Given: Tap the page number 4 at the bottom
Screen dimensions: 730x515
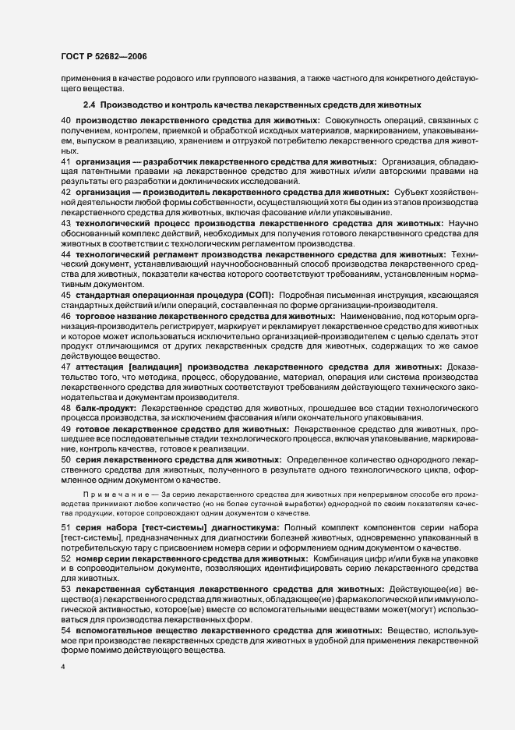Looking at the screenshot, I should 63,669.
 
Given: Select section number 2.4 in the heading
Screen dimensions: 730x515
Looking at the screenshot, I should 89,104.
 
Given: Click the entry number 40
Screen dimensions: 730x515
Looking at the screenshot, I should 66,121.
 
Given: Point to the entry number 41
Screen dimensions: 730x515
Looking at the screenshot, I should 66,161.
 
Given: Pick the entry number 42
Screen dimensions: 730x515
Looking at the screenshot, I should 66,191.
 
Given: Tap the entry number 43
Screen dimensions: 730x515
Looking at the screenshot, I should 66,222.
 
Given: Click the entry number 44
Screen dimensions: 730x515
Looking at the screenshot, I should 66,253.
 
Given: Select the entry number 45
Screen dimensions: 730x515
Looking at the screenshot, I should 66,295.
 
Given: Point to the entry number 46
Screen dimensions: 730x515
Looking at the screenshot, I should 66,315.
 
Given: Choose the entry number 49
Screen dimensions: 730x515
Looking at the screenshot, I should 66,428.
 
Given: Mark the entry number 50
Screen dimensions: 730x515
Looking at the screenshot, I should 66,459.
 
